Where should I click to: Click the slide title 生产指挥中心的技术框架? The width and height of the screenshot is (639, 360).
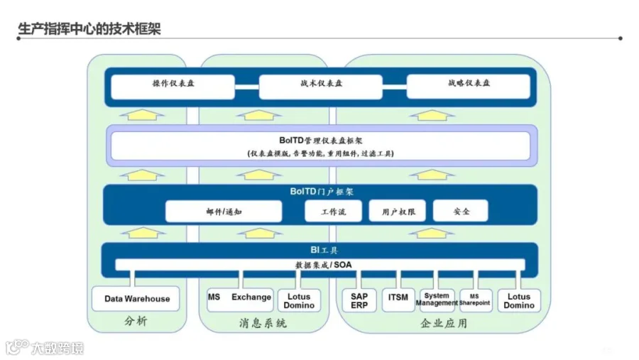click(89, 29)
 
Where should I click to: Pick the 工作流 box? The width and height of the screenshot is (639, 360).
click(333, 212)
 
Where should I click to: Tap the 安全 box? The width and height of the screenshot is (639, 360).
click(461, 212)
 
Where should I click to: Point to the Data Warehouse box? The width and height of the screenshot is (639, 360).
click(137, 299)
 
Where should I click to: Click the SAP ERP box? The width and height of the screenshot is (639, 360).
click(359, 301)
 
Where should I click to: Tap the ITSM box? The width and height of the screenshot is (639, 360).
click(398, 299)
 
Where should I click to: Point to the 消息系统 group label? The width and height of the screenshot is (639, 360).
click(263, 324)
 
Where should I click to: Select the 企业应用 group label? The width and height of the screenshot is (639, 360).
click(444, 324)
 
